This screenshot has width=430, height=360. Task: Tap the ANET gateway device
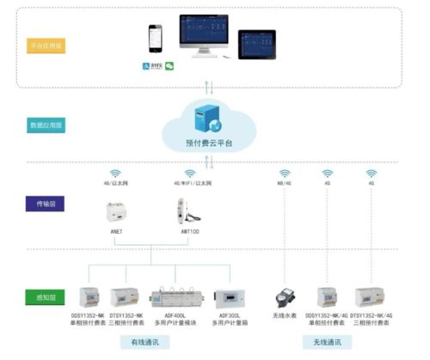tap(116, 212)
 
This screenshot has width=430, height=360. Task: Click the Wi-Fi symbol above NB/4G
tap(285, 173)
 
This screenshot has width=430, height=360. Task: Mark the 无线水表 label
tap(284, 317)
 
